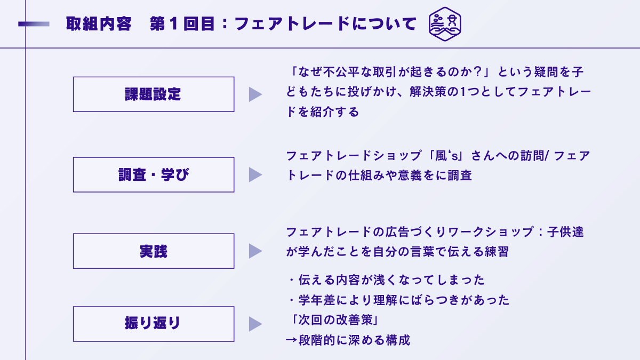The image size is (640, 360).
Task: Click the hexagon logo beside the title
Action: [445, 24]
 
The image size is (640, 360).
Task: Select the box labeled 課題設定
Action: [153, 94]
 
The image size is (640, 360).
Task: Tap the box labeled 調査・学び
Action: [153, 174]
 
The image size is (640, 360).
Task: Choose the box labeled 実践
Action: [153, 251]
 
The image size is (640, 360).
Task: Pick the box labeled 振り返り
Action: [153, 324]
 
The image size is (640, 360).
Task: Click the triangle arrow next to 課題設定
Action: [255, 94]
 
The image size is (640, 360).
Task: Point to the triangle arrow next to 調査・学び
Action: [255, 174]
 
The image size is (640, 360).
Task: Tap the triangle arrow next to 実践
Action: [255, 251]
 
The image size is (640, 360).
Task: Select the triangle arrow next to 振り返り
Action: [255, 324]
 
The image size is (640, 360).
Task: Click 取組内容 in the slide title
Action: [99, 24]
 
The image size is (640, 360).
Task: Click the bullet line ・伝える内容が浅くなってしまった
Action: [385, 280]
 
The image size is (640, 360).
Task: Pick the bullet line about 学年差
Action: [398, 300]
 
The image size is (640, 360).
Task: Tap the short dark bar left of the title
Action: [34, 24]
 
